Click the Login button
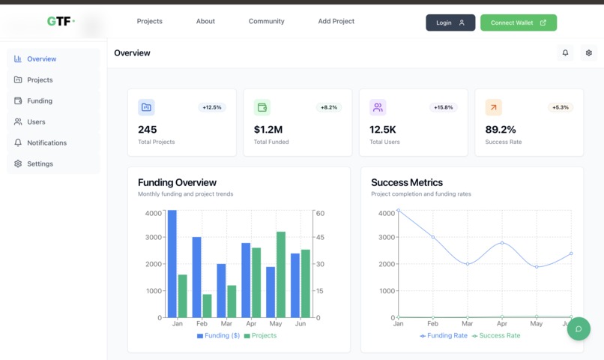tap(450, 22)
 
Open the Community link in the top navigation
tap(266, 21)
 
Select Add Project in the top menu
tap(336, 21)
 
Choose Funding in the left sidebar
tap(40, 100)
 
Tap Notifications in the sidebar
tap(46, 142)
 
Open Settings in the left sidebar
tap(40, 163)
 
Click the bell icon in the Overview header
tap(565, 53)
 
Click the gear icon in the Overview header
tap(588, 53)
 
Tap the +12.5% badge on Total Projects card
tap(212, 107)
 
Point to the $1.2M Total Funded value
tap(268, 130)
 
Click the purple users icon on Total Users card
tap(378, 107)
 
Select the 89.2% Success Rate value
tap(501, 130)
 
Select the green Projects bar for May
tap(281, 274)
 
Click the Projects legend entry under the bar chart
tap(260, 335)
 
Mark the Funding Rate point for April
tap(502, 243)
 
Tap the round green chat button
tap(579, 328)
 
